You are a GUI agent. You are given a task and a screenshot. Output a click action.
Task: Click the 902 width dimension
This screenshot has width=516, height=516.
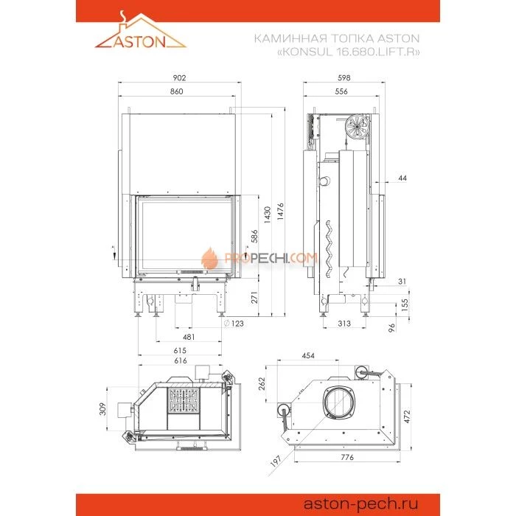(x=179, y=77)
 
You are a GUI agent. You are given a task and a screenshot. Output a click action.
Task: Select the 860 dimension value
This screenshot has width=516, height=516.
(x=177, y=91)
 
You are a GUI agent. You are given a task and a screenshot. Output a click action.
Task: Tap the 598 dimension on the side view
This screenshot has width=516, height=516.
(x=344, y=77)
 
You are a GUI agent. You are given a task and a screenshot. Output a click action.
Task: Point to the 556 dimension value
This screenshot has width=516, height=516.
(x=341, y=91)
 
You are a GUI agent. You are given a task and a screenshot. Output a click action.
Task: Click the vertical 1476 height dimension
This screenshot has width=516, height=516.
(x=280, y=212)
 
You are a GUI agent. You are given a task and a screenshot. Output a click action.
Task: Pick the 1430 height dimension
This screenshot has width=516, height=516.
(x=267, y=215)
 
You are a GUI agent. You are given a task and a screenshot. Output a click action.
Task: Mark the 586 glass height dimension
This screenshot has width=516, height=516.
(x=254, y=237)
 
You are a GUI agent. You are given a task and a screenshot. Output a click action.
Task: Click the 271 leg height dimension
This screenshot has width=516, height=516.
(x=254, y=298)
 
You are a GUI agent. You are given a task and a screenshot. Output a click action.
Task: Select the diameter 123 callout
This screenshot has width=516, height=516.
(x=234, y=324)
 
